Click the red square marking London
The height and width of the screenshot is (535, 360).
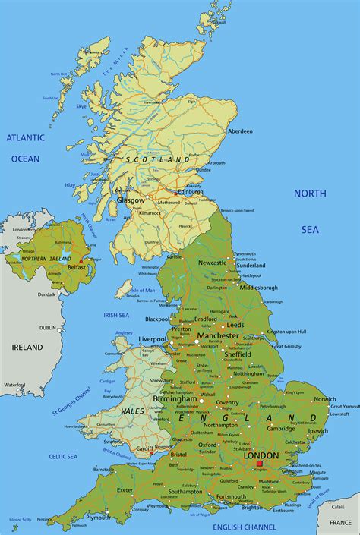[260, 464]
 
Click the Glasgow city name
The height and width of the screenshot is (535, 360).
[131, 200]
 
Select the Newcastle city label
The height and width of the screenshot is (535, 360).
[212, 262]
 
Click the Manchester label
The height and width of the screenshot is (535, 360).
[219, 335]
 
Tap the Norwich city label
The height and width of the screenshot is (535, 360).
[325, 399]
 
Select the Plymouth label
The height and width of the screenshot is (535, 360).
[98, 517]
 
